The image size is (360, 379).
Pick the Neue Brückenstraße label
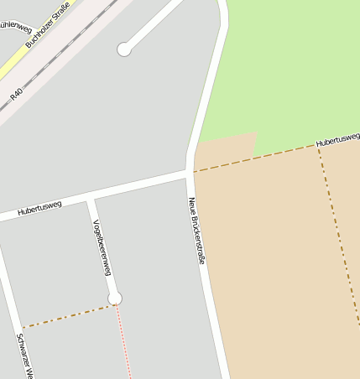point(196,231)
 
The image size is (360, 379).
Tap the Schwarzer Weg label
point(23,356)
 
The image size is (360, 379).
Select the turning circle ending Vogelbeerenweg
point(115,299)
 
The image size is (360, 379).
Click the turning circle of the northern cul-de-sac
point(124,49)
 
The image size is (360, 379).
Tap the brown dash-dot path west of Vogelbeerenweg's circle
point(67,316)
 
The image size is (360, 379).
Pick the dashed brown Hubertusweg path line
point(252,159)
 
